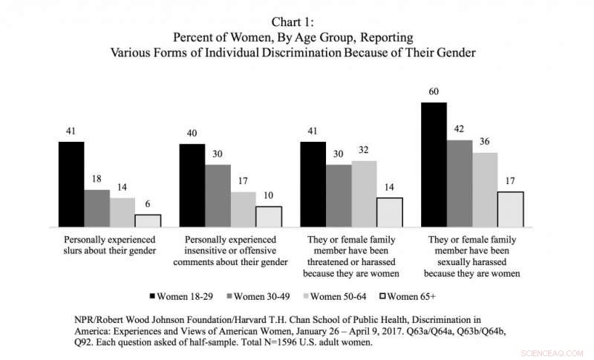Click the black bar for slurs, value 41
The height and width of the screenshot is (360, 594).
tap(72, 184)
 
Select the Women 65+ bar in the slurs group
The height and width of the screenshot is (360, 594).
tap(148, 220)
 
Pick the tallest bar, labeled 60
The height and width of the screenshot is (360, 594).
tap(434, 165)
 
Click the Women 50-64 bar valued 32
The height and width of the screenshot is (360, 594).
tap(364, 194)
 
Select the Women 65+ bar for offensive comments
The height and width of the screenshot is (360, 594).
tap(269, 217)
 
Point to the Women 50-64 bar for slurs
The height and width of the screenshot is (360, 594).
tap(123, 212)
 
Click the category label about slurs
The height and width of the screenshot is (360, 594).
tap(110, 246)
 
